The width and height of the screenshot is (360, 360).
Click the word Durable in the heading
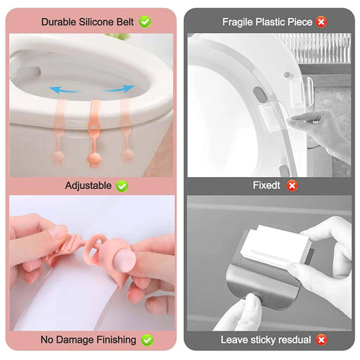click(x=58, y=22)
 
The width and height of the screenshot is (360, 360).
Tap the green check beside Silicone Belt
click(x=145, y=22)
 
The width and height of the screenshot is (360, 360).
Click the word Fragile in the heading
click(x=238, y=22)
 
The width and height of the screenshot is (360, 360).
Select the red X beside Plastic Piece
click(x=321, y=22)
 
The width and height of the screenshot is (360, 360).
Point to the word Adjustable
click(x=88, y=186)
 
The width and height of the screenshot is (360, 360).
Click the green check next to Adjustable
click(x=122, y=186)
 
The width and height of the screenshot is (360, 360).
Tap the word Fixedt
click(x=266, y=185)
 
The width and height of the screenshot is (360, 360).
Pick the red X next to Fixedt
click(x=292, y=186)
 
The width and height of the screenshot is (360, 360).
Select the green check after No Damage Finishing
click(x=147, y=340)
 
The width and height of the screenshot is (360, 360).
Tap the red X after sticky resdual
click(x=321, y=340)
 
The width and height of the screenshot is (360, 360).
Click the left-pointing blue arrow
click(x=64, y=90)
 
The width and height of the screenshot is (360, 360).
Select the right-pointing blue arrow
click(x=119, y=89)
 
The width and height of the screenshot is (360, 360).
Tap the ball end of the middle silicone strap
click(x=94, y=159)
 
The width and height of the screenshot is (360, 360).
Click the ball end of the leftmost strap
click(x=58, y=157)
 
